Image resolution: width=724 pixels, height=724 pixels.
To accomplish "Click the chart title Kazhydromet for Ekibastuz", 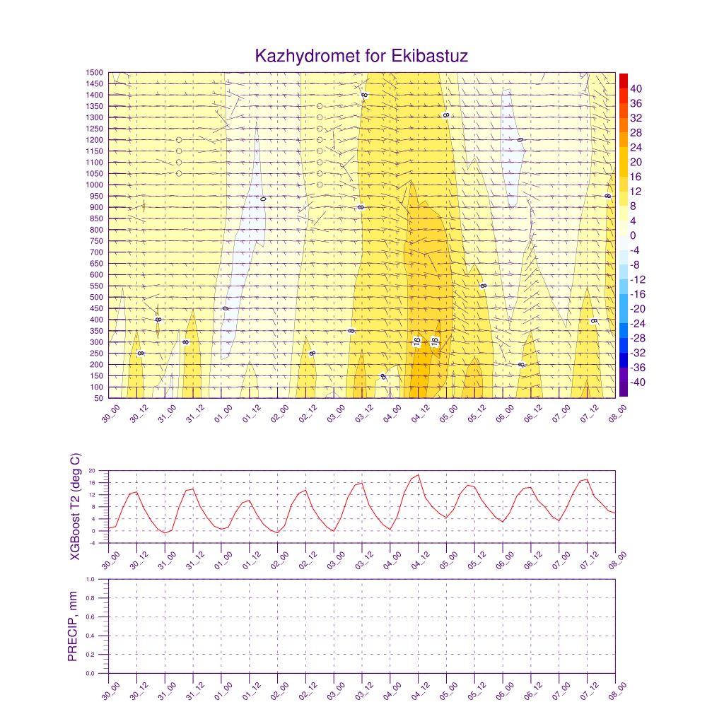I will pos(361,56).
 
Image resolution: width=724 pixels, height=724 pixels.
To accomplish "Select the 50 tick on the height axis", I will pos(100,399).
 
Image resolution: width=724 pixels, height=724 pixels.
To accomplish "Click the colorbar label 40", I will pos(636,88).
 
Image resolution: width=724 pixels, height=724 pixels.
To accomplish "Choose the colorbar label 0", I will pos(633,235).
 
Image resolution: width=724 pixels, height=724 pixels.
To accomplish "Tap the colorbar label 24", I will pos(636,147).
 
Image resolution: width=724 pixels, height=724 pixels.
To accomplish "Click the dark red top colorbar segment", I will pos(623,80).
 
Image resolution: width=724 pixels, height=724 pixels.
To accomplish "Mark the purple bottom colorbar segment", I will pos(623,390).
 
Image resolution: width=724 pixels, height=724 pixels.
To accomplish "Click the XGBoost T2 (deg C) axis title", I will pos(76,506).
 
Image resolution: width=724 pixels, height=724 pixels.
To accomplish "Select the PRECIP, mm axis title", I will pos(73,626).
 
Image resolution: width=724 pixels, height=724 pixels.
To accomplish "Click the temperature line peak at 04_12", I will pos(418,475).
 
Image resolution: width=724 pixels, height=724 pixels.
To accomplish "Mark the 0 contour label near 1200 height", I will pos(520,140).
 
